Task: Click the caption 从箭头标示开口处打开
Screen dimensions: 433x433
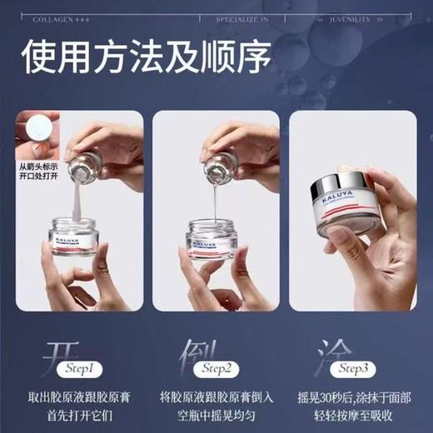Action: point(40,172)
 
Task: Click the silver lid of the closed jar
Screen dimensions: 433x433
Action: point(342,184)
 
